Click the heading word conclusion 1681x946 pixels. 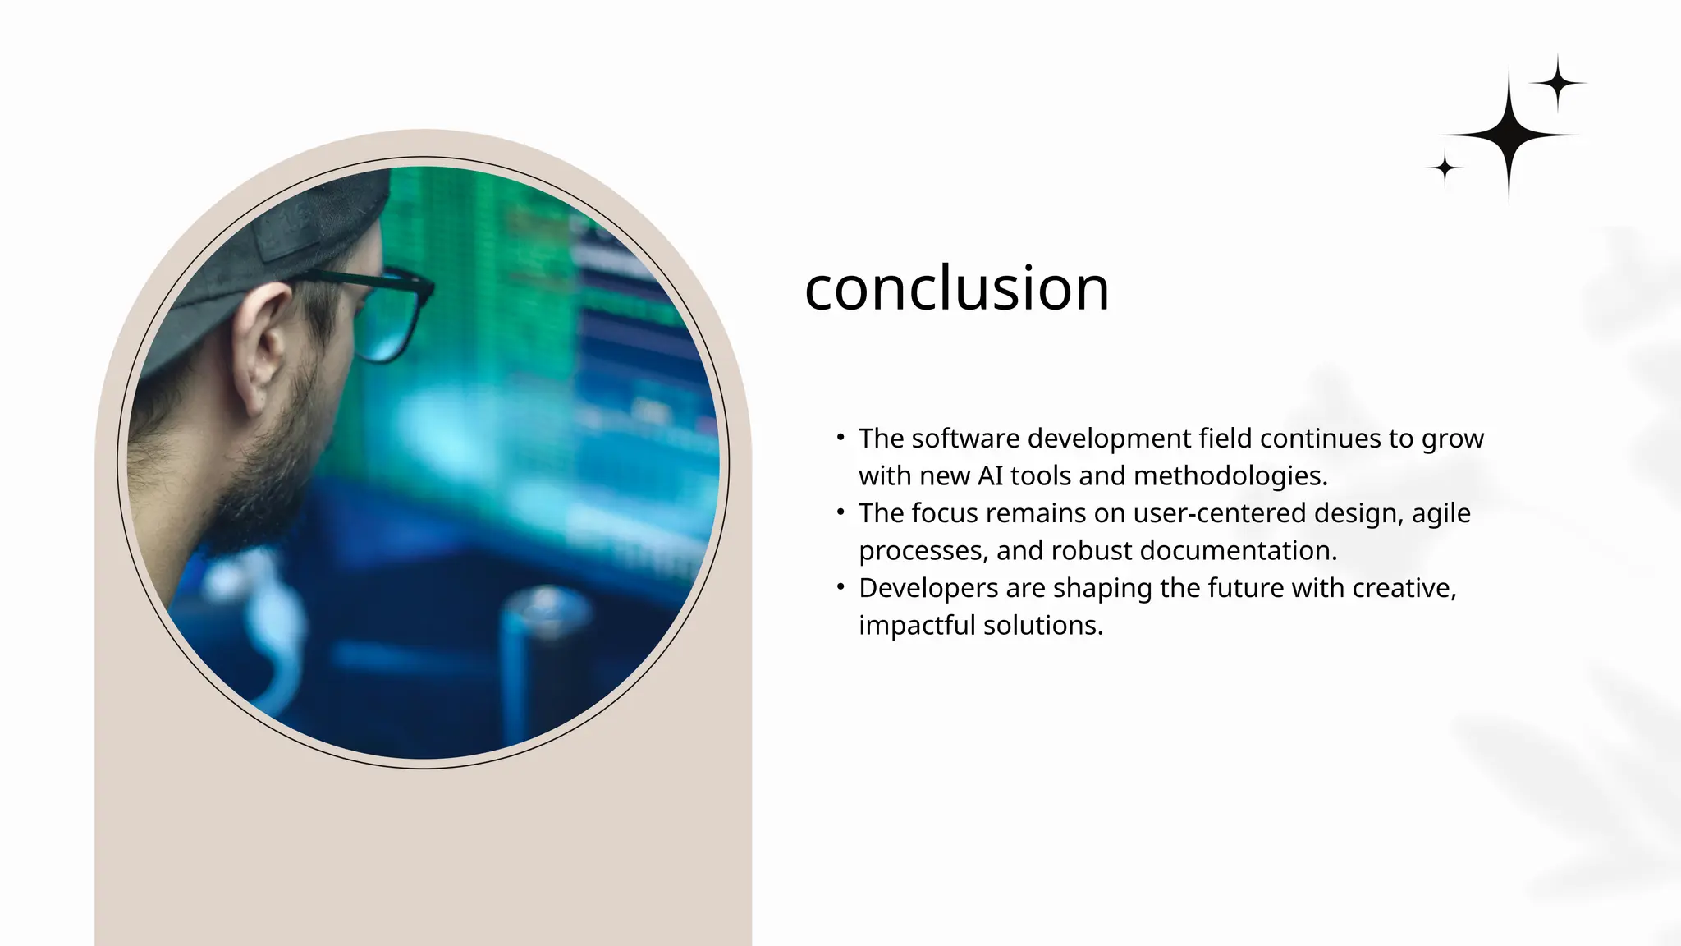tap(956, 289)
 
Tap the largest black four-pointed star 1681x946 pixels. tap(1509, 135)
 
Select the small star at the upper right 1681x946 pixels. tap(1558, 83)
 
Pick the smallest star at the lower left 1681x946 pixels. tap(1445, 168)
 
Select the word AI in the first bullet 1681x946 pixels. tap(991, 476)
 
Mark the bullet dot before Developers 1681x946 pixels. tap(840, 586)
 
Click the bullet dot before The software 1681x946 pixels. tap(840, 437)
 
